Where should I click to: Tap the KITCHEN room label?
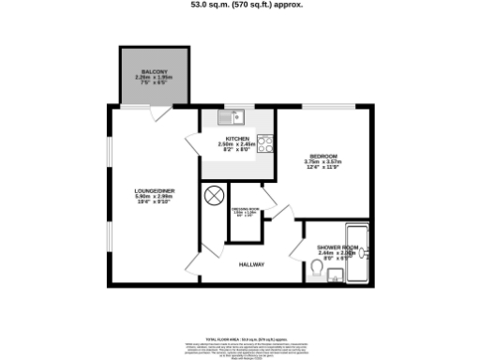[236, 138]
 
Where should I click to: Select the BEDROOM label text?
[323, 156]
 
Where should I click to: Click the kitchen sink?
[230, 118]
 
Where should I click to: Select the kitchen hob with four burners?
[264, 145]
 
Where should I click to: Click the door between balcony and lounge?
[159, 114]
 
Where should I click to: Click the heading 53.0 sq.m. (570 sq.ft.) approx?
[239, 6]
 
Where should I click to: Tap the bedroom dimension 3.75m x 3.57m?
[323, 162]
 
